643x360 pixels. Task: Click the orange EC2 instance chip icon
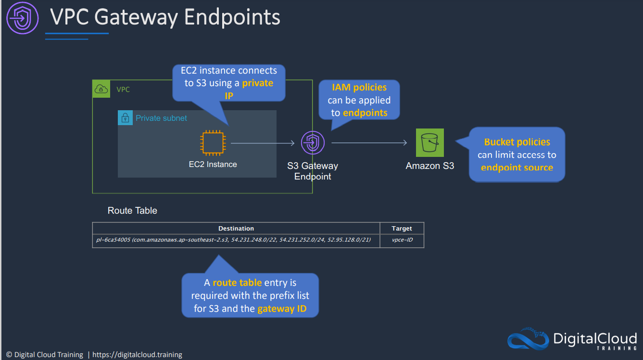tap(213, 143)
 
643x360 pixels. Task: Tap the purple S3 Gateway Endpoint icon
tap(313, 142)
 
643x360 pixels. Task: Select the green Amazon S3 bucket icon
tap(430, 142)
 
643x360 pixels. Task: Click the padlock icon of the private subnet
tap(125, 118)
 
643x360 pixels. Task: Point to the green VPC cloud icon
tap(101, 89)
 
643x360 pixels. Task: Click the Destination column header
tap(236, 228)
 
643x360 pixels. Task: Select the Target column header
tap(402, 228)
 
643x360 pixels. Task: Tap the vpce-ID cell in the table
tap(402, 240)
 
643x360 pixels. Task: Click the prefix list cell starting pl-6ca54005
tap(233, 240)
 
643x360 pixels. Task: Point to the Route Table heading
tap(132, 210)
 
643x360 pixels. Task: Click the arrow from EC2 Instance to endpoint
tap(262, 143)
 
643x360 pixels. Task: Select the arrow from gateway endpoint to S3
tap(369, 142)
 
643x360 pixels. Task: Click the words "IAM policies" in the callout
tap(359, 88)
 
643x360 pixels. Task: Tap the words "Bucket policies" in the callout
tap(517, 142)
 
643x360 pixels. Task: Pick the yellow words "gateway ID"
tap(282, 309)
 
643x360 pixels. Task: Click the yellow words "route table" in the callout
tap(237, 283)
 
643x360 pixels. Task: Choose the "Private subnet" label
tap(161, 118)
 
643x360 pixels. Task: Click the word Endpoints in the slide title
tap(232, 17)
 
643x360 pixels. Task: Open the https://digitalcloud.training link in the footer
tap(137, 355)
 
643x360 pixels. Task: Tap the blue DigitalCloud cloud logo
tap(528, 338)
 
